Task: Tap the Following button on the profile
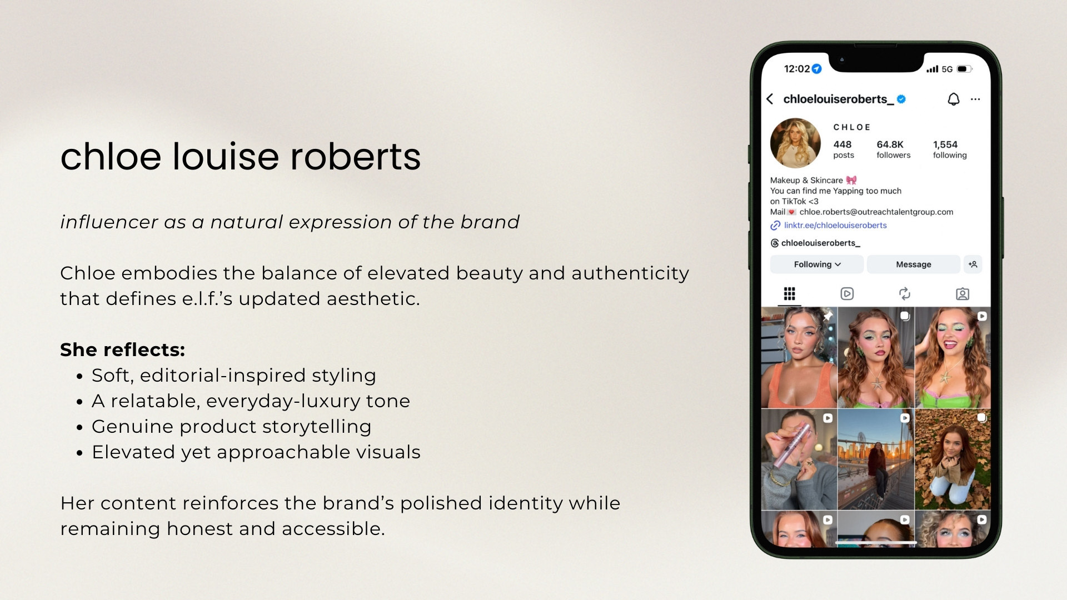816,264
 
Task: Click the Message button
913,264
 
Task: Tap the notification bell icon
953,99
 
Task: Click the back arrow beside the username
770,99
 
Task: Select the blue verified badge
901,99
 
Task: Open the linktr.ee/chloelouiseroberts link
835,225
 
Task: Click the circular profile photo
795,143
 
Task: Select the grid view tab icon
789,293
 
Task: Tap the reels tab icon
847,293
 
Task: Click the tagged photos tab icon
963,294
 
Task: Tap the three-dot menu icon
975,99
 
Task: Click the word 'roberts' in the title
356,157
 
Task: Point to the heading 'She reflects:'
122,349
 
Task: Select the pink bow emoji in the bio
851,180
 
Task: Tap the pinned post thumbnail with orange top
799,357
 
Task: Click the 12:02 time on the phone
796,69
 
